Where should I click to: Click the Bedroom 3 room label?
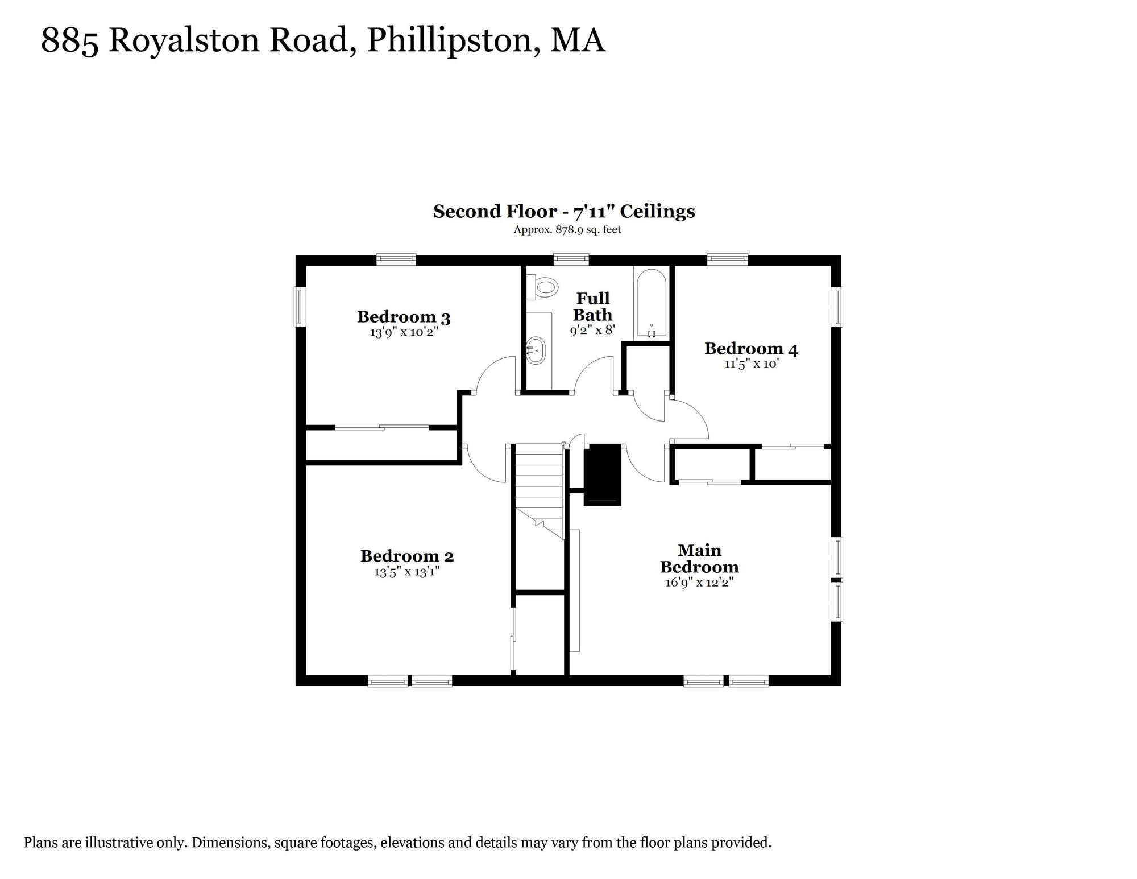tap(404, 317)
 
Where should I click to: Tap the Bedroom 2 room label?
tap(407, 556)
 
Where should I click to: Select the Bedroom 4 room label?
tap(751, 349)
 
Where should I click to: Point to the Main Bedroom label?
tap(699, 559)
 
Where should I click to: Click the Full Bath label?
tap(593, 307)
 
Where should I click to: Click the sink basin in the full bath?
tap(537, 352)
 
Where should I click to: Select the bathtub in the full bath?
tap(651, 305)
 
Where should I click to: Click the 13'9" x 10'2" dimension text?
tap(404, 332)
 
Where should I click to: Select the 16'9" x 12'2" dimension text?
tap(699, 582)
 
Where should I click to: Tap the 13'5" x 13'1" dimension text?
tap(407, 571)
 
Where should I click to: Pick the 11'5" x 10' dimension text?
tap(751, 364)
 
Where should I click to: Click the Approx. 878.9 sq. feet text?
tap(567, 230)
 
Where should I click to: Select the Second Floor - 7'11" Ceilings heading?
tap(564, 211)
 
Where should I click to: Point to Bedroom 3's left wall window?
tap(300, 307)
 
